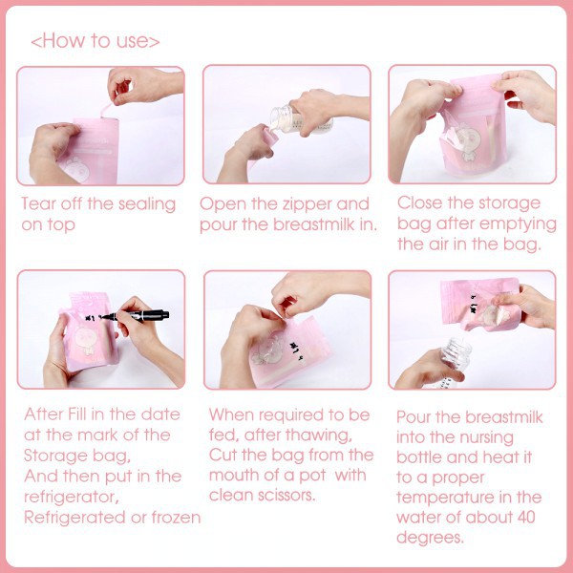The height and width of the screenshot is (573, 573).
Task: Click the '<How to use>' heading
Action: pos(95,40)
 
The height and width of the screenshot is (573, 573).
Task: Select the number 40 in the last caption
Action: pos(526,517)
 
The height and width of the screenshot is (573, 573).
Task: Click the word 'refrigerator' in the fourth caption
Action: pos(72,497)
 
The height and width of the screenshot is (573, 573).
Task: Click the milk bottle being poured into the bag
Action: pos(301,120)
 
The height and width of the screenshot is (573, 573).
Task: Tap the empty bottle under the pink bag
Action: pos(456,360)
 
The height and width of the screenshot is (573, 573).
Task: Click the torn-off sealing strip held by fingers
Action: pos(108,109)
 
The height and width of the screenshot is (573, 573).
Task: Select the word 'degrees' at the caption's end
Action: pos(430,538)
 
